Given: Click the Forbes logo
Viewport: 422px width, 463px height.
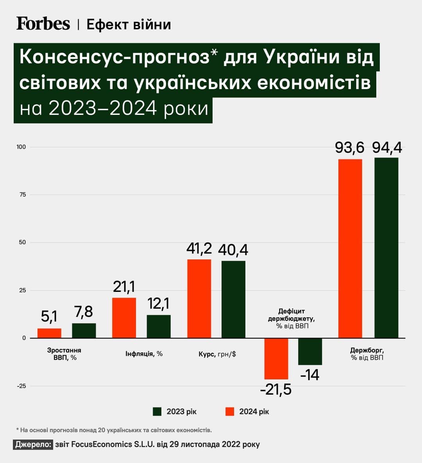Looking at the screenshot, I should coord(43,24).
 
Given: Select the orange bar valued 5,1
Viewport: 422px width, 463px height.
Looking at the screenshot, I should coord(49,333).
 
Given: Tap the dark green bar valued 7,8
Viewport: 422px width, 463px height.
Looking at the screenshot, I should coord(84,331).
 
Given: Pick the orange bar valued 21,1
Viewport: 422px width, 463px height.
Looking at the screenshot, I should coord(124,318).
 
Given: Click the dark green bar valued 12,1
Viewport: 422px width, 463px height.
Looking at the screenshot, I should coord(159,326).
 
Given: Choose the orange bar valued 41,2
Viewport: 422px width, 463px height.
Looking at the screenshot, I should coord(199,299).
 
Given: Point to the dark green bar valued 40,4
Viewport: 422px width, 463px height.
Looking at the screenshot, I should coord(233,299).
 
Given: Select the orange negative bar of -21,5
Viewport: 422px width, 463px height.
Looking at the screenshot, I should coord(276,359).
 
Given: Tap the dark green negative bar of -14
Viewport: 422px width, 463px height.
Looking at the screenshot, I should coord(310,352).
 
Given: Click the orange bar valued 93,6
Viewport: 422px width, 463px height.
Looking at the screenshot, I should coord(350,248).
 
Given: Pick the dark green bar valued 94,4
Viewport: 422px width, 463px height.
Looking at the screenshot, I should coord(386,248).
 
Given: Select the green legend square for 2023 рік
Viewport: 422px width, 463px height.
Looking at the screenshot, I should coord(157,411).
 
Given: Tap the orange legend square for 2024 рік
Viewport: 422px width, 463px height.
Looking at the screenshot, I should coord(230,411).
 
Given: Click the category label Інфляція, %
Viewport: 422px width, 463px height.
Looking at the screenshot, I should coord(144,354).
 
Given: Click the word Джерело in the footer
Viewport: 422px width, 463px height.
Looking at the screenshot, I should coord(33,445).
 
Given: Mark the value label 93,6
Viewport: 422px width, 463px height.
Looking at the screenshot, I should coord(349,148).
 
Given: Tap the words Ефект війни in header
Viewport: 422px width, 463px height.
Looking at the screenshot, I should coord(129,25).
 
